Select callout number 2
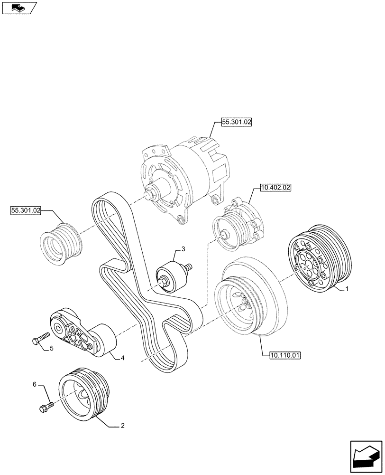[x=123, y=426]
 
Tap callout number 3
[x=183, y=249]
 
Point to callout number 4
[x=123, y=358]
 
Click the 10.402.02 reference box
[x=275, y=188]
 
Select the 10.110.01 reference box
[x=285, y=354]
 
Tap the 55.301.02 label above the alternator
[x=236, y=122]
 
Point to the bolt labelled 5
[x=40, y=338]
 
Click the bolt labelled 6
[x=45, y=407]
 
